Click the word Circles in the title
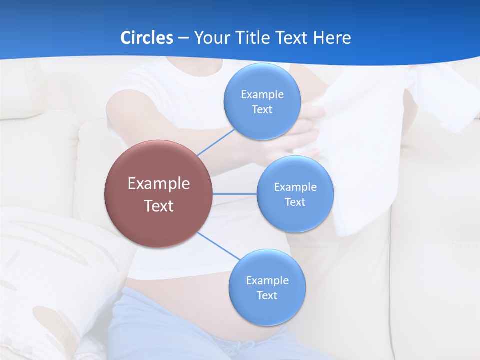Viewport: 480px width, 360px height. pos(147,37)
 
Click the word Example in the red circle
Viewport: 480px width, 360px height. pos(159,183)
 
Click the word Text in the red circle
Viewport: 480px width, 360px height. pos(159,206)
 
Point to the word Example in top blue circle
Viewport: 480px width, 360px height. pos(262,95)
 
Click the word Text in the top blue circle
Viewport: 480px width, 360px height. pos(262,110)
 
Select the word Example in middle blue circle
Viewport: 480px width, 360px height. pos(295,187)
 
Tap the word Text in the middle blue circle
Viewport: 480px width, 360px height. pos(295,202)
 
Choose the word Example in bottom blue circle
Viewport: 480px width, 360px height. pos(267,281)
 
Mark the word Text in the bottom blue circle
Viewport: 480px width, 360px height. pos(267,296)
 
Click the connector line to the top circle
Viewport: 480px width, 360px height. pos(216,142)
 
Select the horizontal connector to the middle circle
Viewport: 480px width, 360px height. pos(234,194)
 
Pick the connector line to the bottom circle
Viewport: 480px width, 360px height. pos(219,246)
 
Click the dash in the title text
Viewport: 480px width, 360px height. pos(183,38)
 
